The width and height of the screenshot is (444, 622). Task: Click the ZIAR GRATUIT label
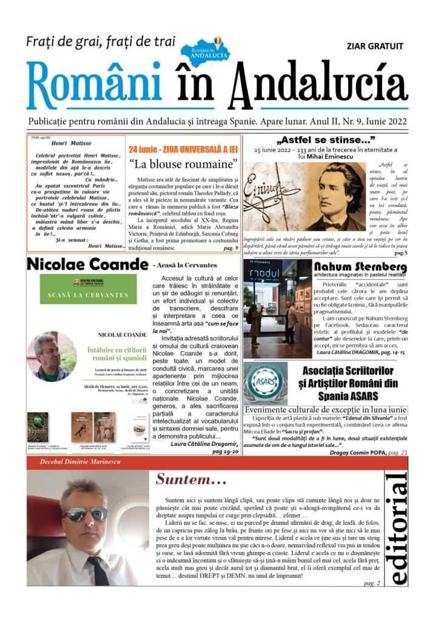[x=374, y=46]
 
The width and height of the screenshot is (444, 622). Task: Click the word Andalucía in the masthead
[x=318, y=85]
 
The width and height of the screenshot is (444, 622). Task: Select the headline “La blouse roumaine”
[x=183, y=164]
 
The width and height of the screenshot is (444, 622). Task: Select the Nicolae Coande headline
[x=87, y=264]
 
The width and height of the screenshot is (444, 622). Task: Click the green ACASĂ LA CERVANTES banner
[x=89, y=290]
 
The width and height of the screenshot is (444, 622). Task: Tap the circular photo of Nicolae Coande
[x=50, y=357]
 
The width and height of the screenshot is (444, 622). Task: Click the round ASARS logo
[x=266, y=383]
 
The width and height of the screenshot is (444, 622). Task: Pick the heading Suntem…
[x=192, y=479]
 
